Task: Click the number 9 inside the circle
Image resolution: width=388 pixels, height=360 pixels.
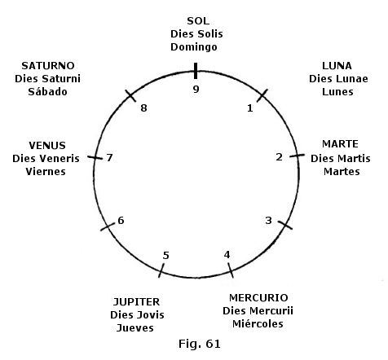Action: pos(196,89)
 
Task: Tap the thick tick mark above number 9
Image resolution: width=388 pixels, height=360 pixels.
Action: pos(196,71)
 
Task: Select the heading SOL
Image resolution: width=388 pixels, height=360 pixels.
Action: pos(198,21)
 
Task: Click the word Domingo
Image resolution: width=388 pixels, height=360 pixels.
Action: pos(194,47)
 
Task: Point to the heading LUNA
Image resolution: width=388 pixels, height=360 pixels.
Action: pos(337,66)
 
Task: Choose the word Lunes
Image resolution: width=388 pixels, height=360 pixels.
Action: pos(337,92)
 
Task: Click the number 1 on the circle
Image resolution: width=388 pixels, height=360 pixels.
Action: pos(250,108)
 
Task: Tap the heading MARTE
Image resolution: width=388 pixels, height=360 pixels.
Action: pos(340,144)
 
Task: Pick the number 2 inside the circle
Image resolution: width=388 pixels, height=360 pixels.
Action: pos(279,156)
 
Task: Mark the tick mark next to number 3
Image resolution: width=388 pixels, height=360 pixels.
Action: pos(285,225)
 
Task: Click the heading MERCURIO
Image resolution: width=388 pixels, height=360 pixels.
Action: pos(258,298)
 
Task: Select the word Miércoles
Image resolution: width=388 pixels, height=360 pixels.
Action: pos(258,323)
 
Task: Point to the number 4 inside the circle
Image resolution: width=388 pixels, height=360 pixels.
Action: pos(227,255)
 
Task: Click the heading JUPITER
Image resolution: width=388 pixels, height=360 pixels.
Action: pos(136,302)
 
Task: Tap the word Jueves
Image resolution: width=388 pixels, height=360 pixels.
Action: pos(135,328)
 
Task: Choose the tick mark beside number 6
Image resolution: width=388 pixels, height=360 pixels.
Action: pos(108,226)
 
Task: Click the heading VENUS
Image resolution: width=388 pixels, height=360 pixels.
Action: pos(47,146)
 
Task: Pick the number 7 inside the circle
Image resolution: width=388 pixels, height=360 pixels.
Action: pos(109,157)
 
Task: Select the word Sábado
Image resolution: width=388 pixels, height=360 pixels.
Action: pos(47,91)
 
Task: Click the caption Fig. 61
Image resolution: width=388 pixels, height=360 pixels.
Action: pos(200,344)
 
